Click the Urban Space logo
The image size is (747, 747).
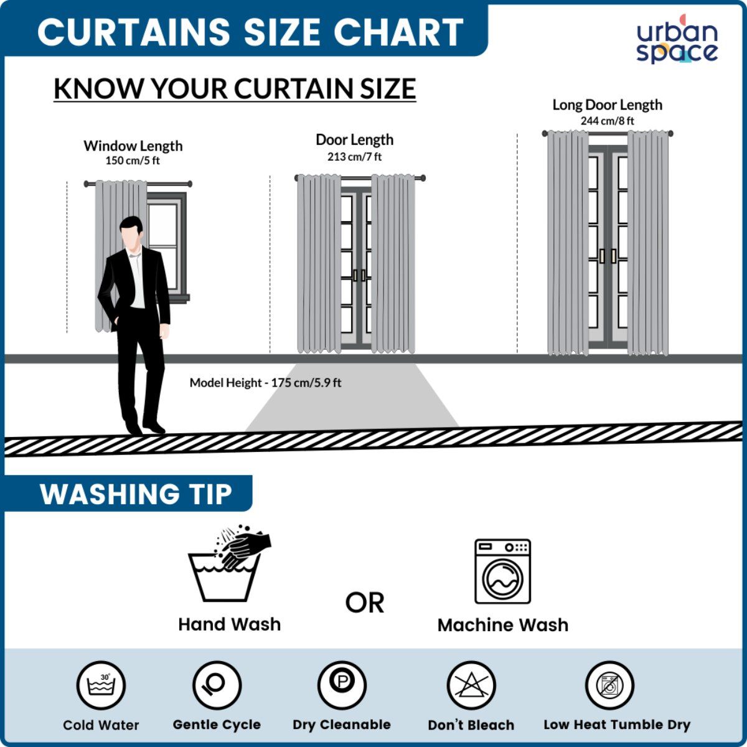pos(677,40)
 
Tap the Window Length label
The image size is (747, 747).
pos(133,146)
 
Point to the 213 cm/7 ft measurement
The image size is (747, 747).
pos(354,157)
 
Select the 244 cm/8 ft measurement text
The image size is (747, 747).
pos(607,121)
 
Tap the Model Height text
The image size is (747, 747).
pos(265,383)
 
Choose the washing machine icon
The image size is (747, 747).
pos(503,571)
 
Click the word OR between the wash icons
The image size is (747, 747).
pos(364,603)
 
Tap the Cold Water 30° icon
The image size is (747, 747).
pos(101,685)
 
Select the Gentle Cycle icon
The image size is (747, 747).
pos(217,685)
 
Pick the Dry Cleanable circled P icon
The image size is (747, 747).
pos(342,685)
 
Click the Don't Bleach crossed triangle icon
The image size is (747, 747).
pos(471,685)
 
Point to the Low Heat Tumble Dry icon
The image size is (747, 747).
pos(609,685)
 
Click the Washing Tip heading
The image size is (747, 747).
pos(136,495)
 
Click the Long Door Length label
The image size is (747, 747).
pos(607,105)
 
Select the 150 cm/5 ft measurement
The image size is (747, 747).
pos(133,161)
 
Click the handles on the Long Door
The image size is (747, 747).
pos(608,256)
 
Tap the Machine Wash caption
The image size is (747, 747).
pos(503,625)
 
